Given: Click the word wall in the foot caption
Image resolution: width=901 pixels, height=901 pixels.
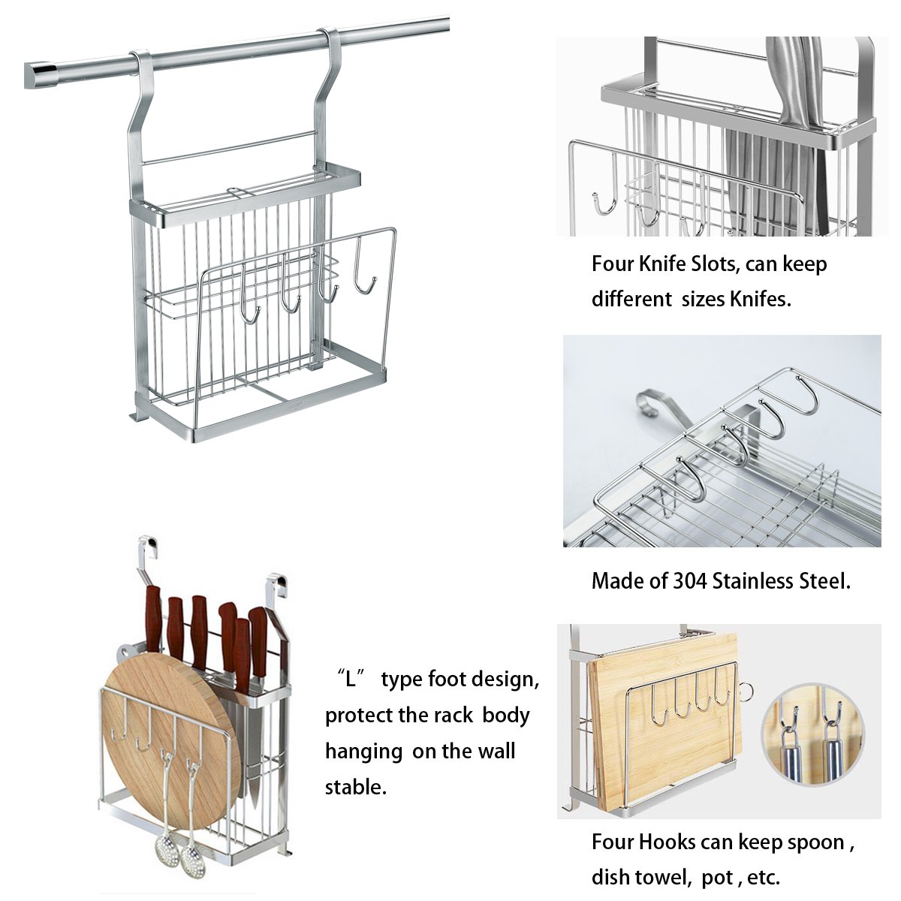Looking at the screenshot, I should [494, 751].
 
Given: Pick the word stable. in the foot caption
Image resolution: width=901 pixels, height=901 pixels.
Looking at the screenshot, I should [355, 787].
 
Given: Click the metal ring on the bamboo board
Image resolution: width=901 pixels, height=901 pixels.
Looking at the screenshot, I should [744, 690].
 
